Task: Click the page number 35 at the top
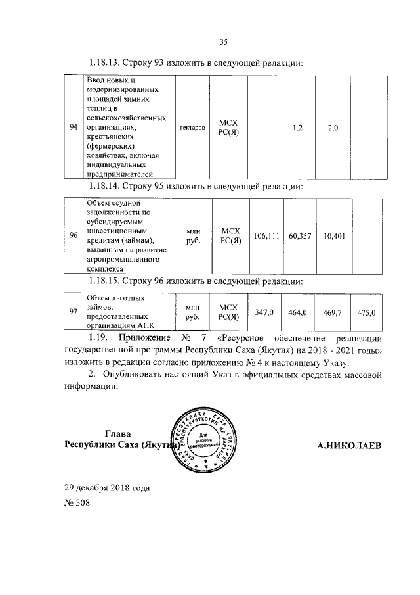pos(222,43)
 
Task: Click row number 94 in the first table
pos(74,127)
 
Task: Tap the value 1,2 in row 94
pos(297,127)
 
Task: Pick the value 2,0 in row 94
pos(332,127)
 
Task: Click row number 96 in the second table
pos(75,235)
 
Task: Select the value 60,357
pos(299,235)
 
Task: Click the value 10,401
pos(335,235)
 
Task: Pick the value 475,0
pos(366,313)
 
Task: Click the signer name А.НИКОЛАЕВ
pos(348,446)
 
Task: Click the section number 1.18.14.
pos(109,188)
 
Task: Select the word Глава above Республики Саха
pos(117,433)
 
